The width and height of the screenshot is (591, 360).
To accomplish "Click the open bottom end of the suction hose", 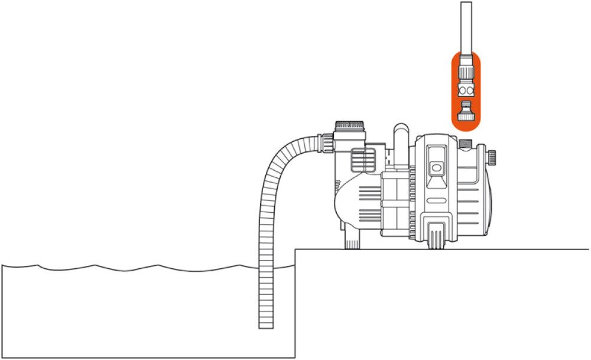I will pyautogui.click(x=267, y=327).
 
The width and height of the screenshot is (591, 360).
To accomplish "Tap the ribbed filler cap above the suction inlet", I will pyautogui.click(x=351, y=126).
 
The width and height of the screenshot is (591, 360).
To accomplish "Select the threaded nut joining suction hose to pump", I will pyautogui.click(x=325, y=142).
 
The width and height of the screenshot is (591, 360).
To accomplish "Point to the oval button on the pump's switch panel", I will pyautogui.click(x=436, y=168).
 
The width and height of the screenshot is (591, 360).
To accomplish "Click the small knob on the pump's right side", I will pyautogui.click(x=492, y=157).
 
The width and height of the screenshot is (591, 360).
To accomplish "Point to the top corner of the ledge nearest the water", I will pyautogui.click(x=295, y=249).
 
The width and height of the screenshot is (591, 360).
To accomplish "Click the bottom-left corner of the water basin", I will pyautogui.click(x=2, y=356).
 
